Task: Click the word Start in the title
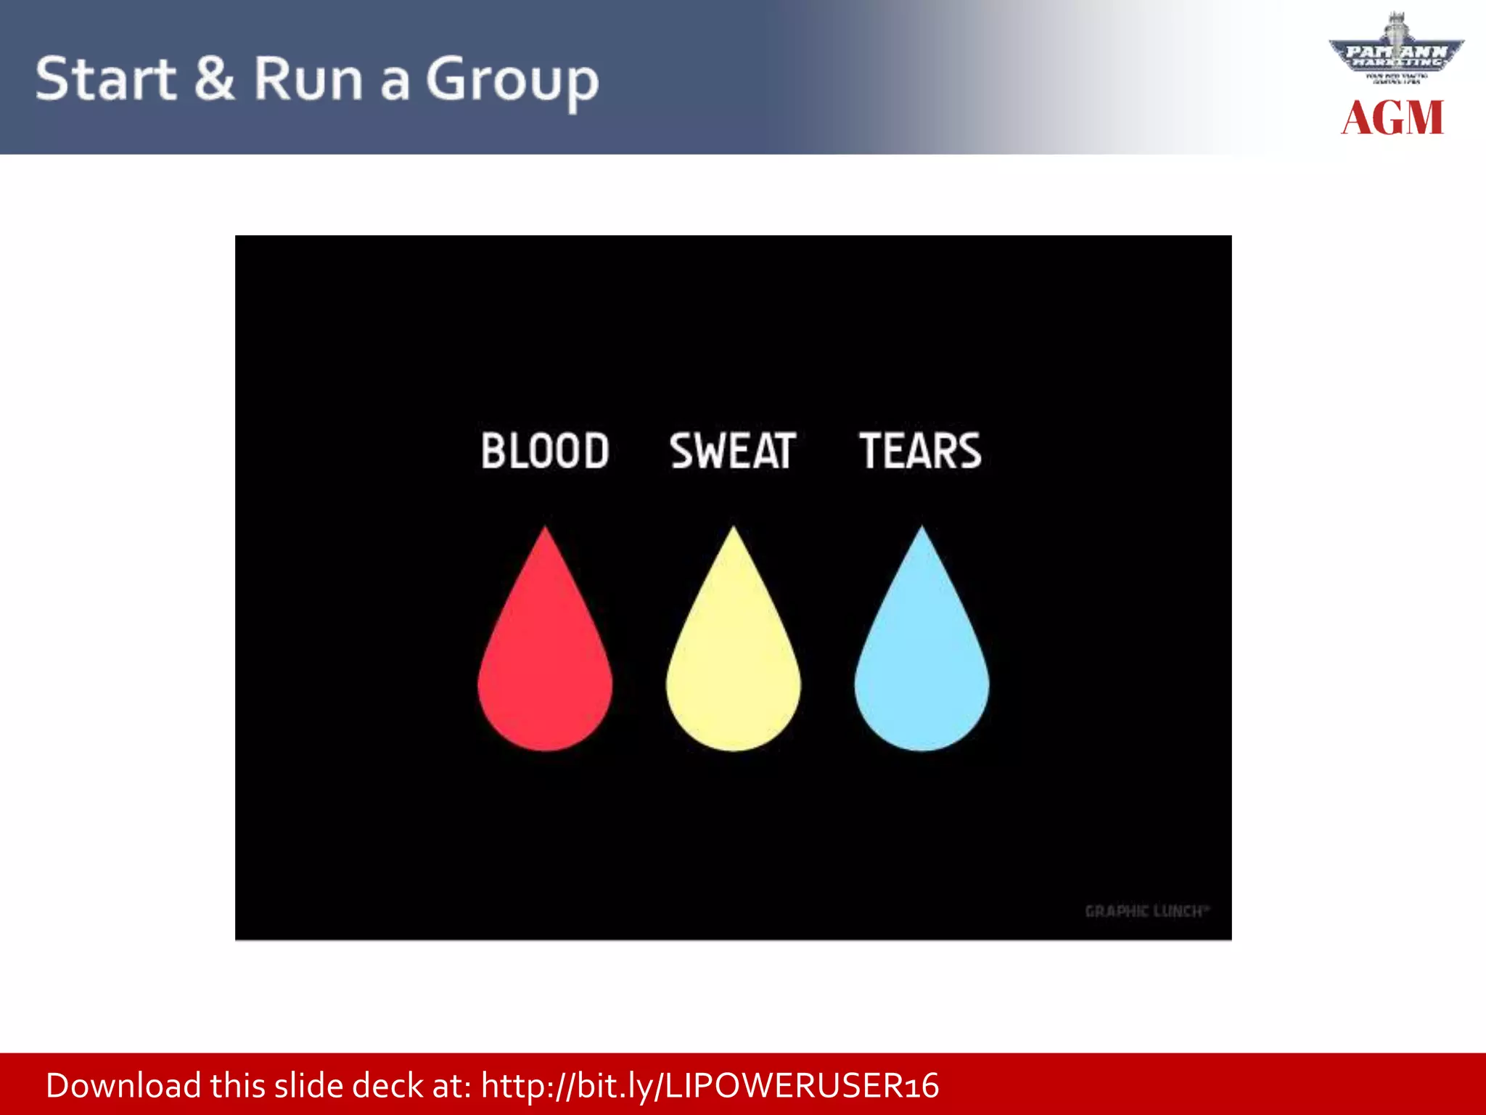[105, 78]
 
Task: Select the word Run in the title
[308, 78]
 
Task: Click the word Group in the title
[512, 81]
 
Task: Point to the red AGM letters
[1392, 118]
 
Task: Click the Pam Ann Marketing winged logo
[1396, 51]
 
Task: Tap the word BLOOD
[545, 451]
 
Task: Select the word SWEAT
[733, 451]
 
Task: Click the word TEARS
[921, 451]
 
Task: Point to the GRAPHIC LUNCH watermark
[1146, 911]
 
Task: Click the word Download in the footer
[123, 1086]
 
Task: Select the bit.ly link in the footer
[710, 1086]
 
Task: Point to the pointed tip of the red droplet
[545, 530]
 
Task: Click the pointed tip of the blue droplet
[921, 530]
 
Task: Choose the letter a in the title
[395, 83]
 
